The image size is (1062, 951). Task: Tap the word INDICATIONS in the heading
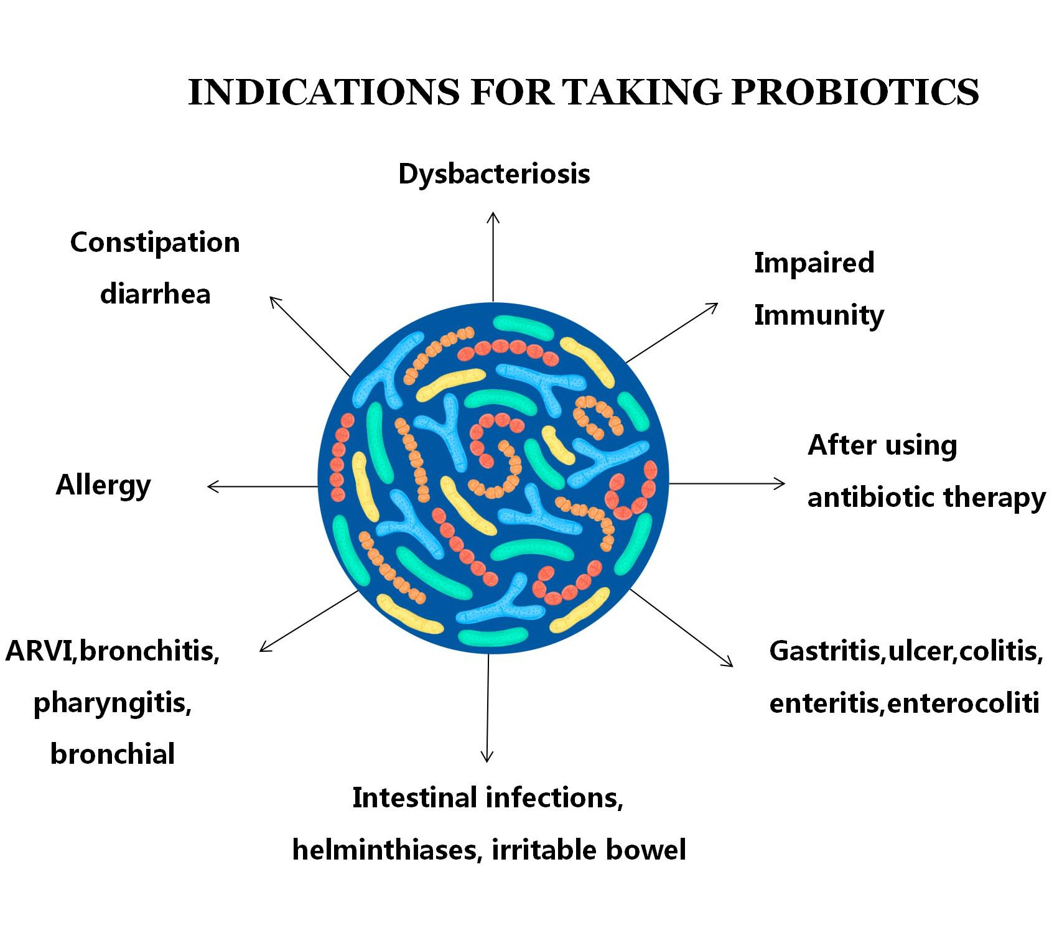[324, 92]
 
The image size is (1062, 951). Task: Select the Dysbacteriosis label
[494, 174]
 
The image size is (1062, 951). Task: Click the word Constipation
[155, 243]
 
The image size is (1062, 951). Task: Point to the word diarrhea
[156, 294]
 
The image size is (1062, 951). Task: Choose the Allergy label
[103, 485]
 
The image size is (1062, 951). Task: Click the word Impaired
[814, 262]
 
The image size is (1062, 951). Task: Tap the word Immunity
[819, 315]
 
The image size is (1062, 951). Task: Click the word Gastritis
[825, 651]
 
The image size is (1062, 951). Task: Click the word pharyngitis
[113, 703]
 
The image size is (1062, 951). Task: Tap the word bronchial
[113, 754]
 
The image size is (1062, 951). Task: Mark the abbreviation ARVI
[39, 651]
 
